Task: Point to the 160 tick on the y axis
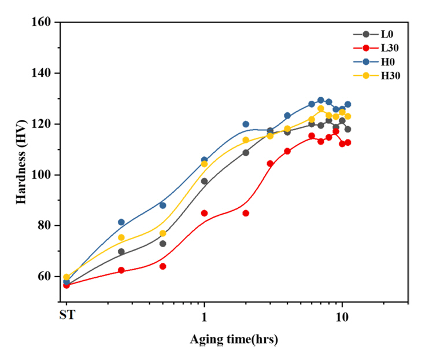(45, 23)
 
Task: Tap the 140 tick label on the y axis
(45, 74)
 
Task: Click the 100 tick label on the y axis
(45, 175)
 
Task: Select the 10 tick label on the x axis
(342, 316)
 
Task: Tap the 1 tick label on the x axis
(204, 316)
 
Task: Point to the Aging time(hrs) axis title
(234, 340)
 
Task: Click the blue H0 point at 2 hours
(246, 124)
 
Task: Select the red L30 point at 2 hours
(246, 213)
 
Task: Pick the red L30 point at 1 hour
(204, 213)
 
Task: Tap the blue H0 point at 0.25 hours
(121, 222)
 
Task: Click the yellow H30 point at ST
(66, 277)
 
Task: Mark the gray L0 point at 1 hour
(204, 181)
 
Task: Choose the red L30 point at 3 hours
(270, 164)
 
